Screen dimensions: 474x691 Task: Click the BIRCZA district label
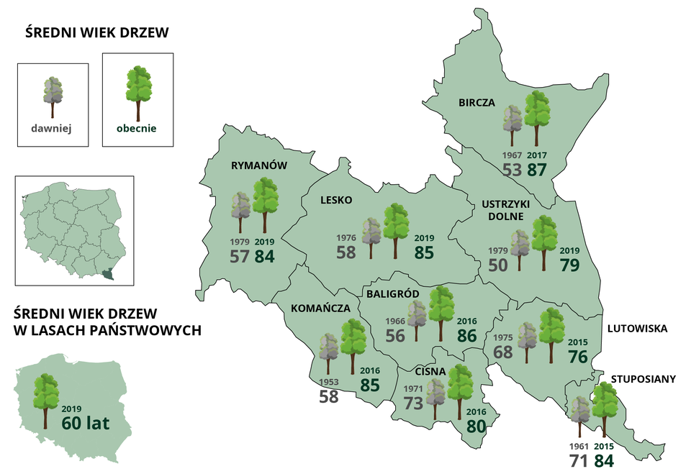(477, 102)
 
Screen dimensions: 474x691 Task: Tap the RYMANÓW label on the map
(259, 165)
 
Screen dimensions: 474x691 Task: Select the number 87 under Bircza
(538, 170)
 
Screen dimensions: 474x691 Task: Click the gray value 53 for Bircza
(512, 170)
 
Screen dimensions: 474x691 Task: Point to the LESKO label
(336, 200)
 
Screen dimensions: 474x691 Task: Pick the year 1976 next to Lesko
(346, 237)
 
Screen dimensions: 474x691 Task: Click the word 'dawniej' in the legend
(53, 130)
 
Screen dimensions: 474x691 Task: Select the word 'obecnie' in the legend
(136, 130)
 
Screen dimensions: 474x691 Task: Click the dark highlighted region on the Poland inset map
(108, 273)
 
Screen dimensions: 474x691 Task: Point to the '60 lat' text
(85, 423)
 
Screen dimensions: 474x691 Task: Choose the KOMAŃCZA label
(320, 308)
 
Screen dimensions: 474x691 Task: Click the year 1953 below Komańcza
(328, 382)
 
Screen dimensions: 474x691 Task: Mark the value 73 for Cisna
(413, 403)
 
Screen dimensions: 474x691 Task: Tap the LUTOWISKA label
(637, 329)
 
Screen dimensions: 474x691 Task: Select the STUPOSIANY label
(643, 378)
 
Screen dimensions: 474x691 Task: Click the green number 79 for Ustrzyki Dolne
(569, 264)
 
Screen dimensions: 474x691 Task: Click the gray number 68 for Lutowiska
(503, 352)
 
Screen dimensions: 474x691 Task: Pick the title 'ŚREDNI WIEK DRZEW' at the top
(97, 33)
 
